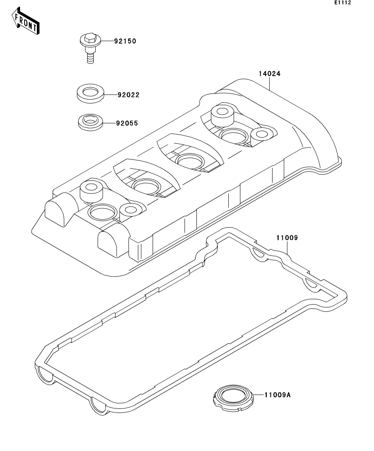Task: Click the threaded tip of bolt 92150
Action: point(90,59)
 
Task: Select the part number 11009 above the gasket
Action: point(288,238)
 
